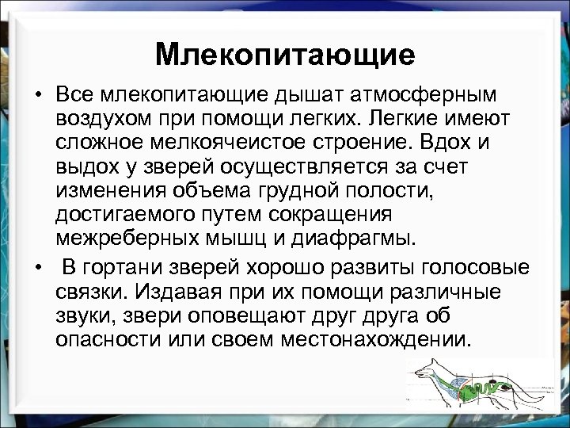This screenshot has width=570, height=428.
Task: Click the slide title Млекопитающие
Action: point(285,55)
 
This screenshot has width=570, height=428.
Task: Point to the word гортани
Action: point(131,267)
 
